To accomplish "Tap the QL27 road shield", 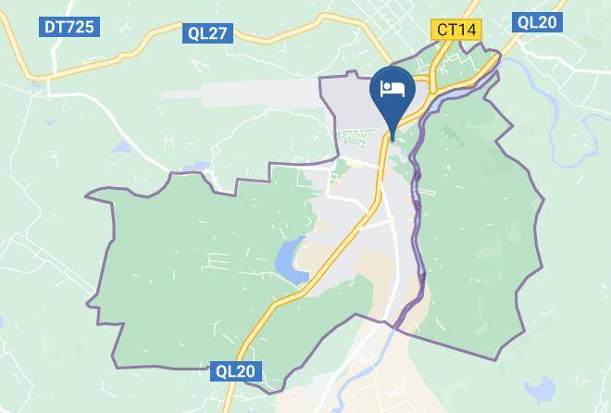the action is [207, 33].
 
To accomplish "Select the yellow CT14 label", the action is [455, 30].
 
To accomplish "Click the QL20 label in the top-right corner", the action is [537, 22].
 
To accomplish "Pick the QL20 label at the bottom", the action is [235, 371].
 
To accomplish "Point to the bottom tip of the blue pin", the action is [393, 139].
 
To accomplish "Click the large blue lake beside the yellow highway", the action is [292, 258].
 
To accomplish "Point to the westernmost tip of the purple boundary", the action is [86, 196].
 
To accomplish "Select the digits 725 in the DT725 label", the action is [79, 27].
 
